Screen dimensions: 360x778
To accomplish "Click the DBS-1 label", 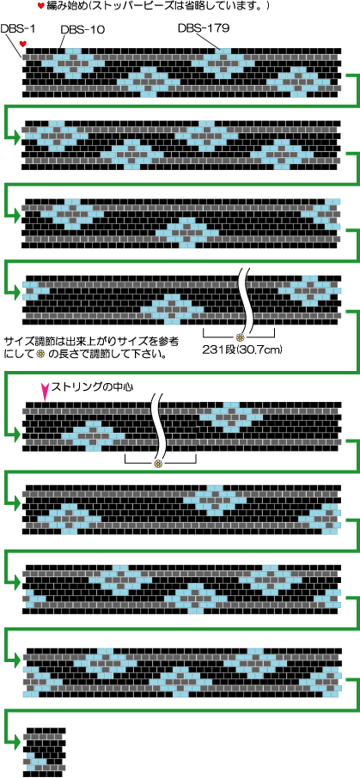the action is [15, 29].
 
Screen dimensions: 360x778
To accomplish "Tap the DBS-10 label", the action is [82, 29].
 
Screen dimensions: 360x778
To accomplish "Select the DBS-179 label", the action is [203, 28].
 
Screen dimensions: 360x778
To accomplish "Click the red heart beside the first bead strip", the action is [22, 44].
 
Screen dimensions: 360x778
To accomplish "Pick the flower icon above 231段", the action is [240, 337].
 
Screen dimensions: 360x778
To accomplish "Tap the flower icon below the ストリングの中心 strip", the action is [158, 464].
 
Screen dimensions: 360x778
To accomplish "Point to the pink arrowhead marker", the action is [46, 391].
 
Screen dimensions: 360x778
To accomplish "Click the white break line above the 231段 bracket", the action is [247, 301].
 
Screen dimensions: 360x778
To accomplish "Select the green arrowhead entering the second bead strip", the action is [18, 136].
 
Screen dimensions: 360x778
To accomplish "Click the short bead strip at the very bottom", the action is [44, 751].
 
